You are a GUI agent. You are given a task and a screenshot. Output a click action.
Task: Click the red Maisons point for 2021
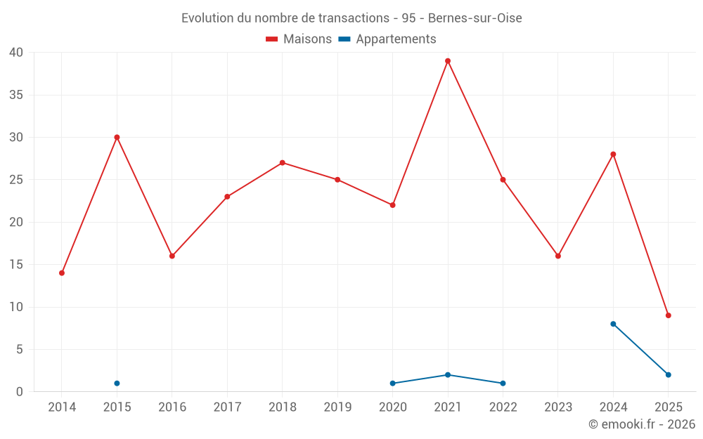[x=448, y=61]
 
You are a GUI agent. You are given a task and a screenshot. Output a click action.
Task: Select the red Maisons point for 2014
[x=62, y=273]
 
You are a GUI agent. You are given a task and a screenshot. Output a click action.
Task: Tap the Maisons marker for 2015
[x=117, y=137]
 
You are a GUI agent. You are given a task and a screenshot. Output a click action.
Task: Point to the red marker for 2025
[x=668, y=315]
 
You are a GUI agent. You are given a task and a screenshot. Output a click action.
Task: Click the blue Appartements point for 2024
[x=613, y=324]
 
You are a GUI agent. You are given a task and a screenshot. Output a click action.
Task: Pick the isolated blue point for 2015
[x=117, y=384]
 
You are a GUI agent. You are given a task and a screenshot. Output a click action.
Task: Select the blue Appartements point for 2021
[x=448, y=375]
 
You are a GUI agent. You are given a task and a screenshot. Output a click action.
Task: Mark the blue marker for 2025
[x=668, y=375]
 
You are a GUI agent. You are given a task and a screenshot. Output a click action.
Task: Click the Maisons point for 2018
[x=282, y=163]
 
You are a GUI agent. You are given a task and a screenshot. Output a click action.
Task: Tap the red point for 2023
[x=558, y=256]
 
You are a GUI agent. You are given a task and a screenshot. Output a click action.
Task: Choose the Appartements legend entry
[x=387, y=39]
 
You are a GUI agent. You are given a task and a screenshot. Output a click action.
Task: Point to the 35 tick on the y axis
[x=16, y=95]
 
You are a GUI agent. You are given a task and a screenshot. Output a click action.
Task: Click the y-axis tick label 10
[x=16, y=307]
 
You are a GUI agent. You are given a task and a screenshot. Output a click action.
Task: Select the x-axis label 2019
[x=337, y=407]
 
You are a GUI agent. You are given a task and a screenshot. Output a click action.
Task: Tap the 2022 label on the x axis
[x=503, y=407]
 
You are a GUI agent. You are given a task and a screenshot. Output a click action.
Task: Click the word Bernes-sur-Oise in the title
[x=475, y=18]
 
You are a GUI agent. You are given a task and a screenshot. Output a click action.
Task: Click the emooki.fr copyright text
[x=642, y=424]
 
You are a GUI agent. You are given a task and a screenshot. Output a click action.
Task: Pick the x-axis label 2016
[x=172, y=407]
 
